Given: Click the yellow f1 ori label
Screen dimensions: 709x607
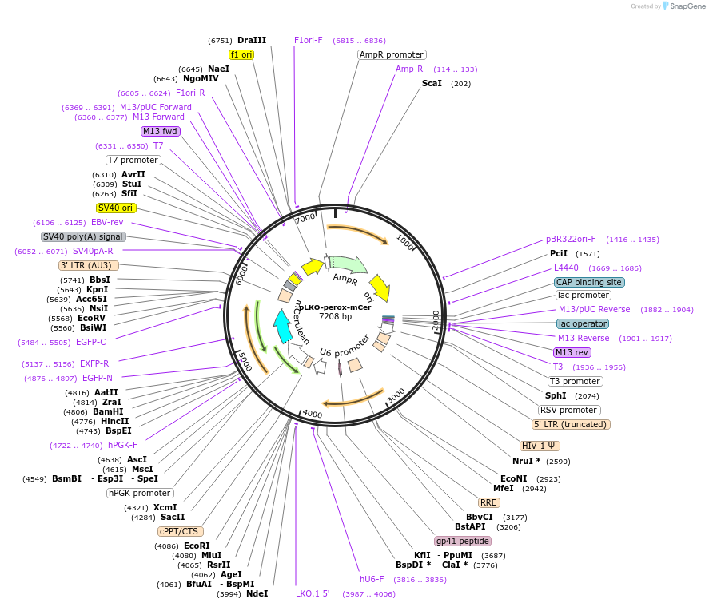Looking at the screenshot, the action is tap(241, 54).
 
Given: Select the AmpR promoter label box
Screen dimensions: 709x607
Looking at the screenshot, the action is tap(392, 55).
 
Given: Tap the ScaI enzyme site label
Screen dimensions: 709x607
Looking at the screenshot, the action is tap(432, 83).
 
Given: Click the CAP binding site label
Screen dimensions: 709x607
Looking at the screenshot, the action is tap(589, 282).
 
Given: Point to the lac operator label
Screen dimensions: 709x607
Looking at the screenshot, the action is tap(583, 323).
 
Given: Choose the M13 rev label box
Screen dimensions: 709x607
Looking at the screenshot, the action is tap(572, 352).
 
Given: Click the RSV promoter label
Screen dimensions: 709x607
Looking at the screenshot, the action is tap(569, 410).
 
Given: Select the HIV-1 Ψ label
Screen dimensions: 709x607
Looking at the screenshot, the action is tap(540, 446).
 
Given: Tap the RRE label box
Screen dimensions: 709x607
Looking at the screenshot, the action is tap(488, 502).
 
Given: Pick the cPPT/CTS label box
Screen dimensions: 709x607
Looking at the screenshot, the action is tap(181, 531).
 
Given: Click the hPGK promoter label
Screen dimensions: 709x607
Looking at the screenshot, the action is tap(140, 493).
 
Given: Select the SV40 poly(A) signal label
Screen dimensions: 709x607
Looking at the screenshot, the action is tap(83, 236).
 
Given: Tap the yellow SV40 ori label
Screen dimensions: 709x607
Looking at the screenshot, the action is tap(115, 208).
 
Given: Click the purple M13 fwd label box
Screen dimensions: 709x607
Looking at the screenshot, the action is tap(160, 131).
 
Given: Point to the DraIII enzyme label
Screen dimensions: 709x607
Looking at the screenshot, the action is tap(252, 40).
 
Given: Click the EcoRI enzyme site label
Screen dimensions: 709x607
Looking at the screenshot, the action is tap(197, 546).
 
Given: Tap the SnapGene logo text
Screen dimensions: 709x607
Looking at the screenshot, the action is tap(687, 6).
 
